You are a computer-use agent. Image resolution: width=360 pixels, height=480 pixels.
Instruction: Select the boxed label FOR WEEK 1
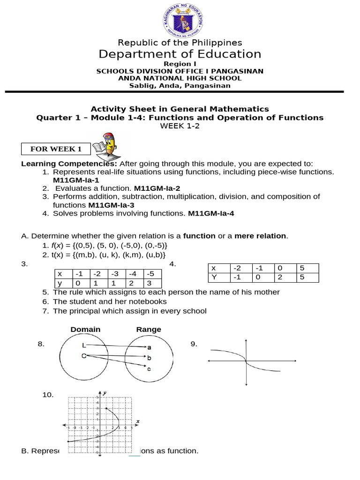(56, 149)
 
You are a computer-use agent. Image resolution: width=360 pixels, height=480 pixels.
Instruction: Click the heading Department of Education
(180, 54)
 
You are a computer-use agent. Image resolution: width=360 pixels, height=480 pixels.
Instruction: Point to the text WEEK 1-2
(180, 126)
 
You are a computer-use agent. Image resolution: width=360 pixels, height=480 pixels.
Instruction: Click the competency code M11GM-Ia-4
(210, 213)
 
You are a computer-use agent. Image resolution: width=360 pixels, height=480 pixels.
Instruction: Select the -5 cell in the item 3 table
(152, 274)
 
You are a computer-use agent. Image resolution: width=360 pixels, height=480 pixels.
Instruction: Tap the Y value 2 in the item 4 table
(280, 277)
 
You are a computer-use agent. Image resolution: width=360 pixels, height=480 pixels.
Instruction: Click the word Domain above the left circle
(85, 330)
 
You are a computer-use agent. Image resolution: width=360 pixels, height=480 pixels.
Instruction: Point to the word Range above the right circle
(149, 330)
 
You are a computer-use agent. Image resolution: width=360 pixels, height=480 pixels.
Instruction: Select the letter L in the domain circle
(83, 345)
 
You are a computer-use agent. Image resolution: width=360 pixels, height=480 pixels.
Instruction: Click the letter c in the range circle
(149, 369)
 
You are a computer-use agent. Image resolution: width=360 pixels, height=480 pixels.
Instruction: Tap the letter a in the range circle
(149, 347)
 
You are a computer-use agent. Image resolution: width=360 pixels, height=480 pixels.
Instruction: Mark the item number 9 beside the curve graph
(194, 345)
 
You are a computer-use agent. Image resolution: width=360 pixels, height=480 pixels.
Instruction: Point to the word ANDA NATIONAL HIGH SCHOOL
(180, 78)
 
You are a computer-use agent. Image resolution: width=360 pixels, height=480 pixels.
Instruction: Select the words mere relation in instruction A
(261, 235)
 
